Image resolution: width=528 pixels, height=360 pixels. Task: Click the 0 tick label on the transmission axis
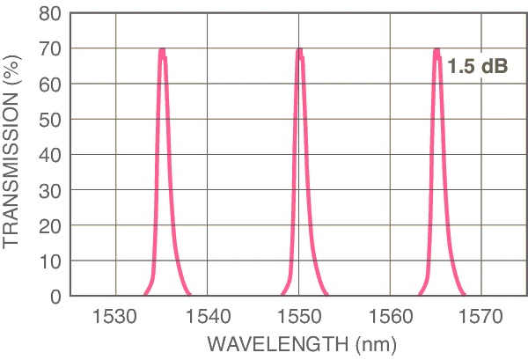pos(54,297)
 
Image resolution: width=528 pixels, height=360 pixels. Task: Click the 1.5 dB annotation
pos(478,67)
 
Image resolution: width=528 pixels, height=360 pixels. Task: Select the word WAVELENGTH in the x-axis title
pos(256,341)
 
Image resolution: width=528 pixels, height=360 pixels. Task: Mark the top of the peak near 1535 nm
pos(163,50)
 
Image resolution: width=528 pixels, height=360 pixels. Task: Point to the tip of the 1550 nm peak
pos(300,50)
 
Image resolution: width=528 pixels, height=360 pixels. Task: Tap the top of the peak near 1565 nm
pos(437,50)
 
